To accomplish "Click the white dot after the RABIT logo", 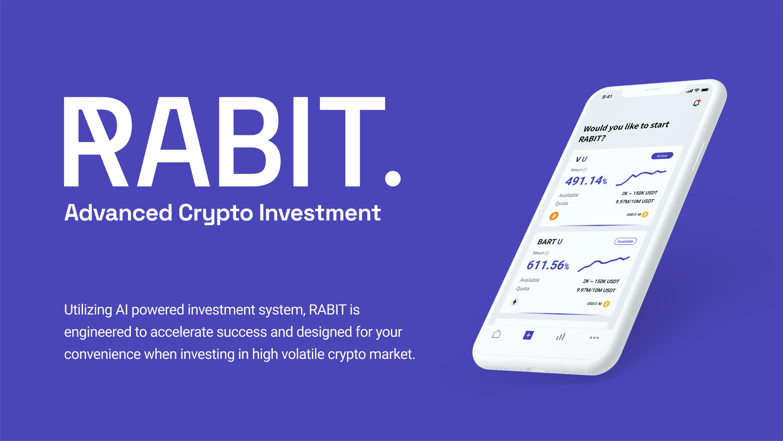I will coord(393,178).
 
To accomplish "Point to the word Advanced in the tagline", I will coord(118,213).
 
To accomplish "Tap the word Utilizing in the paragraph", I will coord(88,310).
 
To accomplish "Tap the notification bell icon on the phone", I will coord(696,103).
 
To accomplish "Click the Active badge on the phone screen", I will coord(662,156).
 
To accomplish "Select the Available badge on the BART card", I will coord(625,241).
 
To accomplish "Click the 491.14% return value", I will coord(586,181).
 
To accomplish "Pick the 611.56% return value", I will coord(547,265).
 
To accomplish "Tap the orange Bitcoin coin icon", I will coord(554,216).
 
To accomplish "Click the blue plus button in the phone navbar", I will coord(528,335).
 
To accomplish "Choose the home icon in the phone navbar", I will coord(496,334).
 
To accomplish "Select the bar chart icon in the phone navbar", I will coord(561,337).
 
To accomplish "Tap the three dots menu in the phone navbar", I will coord(594,338).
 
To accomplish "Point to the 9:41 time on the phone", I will coord(607,97).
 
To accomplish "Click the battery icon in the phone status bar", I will coord(705,90).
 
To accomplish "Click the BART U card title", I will coord(550,242).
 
